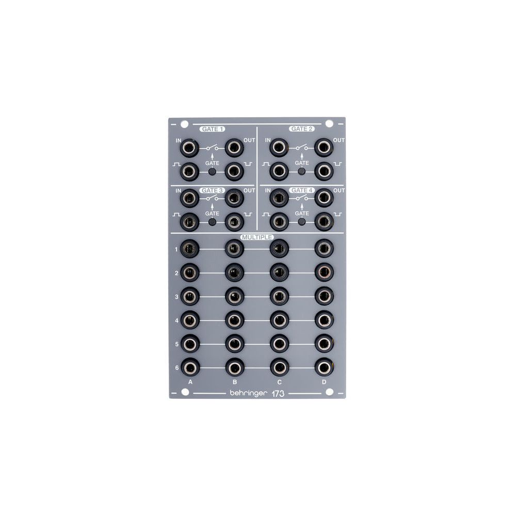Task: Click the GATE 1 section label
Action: pos(212,130)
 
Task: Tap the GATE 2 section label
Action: pos(302,129)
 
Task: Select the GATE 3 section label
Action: pos(212,190)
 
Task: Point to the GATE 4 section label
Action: pos(302,190)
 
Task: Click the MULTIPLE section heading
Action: pos(257,237)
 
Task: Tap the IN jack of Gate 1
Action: pos(190,148)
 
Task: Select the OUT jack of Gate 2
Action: pos(324,148)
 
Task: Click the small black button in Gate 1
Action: pos(212,171)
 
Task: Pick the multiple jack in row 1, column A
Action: pos(190,249)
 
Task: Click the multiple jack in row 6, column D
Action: pos(324,368)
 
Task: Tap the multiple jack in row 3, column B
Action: pos(234,296)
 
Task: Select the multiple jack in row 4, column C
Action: pos(279,320)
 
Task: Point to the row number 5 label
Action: pos(176,344)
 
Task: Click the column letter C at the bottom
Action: pos(279,382)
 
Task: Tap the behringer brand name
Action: pos(248,393)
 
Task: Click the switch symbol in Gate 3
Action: pos(212,198)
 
